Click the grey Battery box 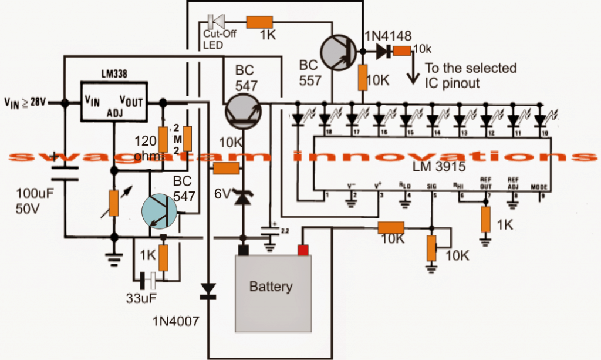271,288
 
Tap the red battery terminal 303,250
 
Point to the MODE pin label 539,187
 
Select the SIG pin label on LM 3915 431,186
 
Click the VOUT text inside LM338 131,102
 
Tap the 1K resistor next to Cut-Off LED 259,22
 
